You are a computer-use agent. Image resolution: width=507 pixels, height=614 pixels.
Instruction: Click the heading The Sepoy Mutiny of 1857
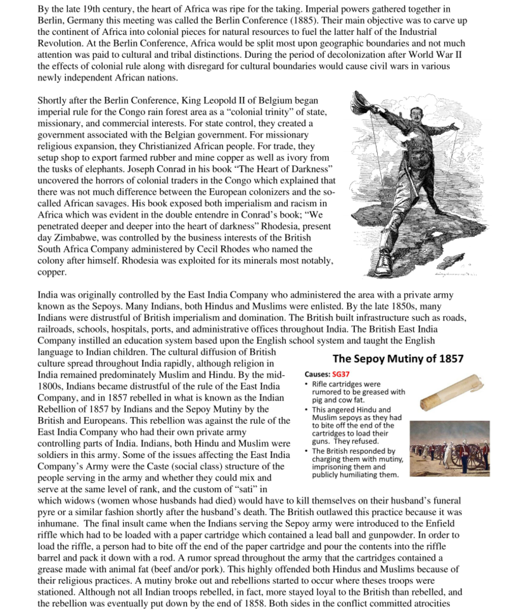coord(398,358)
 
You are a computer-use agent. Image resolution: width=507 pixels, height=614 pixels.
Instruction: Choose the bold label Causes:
coord(316,374)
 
